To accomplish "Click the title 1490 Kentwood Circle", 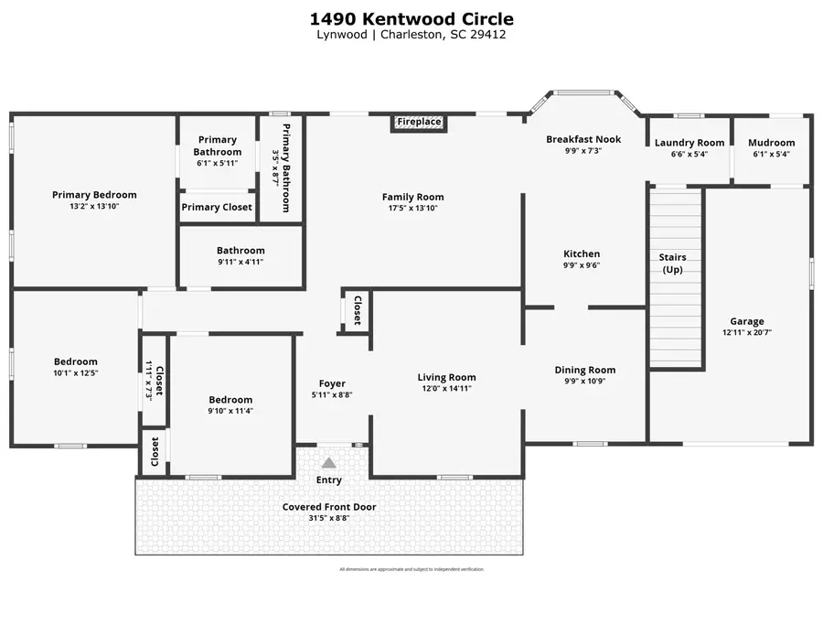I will click(411, 18).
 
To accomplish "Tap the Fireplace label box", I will click(419, 122).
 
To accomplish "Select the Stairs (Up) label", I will click(673, 264).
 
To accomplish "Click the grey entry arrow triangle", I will click(329, 463).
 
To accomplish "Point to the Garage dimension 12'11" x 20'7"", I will click(747, 333).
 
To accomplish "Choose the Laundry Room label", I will click(689, 143).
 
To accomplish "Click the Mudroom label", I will click(772, 143).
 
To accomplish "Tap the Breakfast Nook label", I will click(583, 139).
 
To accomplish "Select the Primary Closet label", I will click(217, 207).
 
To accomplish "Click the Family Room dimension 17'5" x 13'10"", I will click(412, 209).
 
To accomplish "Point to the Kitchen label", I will click(582, 254).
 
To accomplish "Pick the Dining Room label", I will click(585, 371).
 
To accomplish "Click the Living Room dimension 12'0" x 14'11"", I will click(446, 389).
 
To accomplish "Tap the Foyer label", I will click(332, 383).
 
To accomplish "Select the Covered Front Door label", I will click(329, 507).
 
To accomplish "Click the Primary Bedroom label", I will click(94, 195).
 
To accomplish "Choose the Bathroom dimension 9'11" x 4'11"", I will click(240, 263).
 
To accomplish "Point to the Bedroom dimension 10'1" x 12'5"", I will click(75, 373).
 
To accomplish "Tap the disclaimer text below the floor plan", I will click(411, 569).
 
